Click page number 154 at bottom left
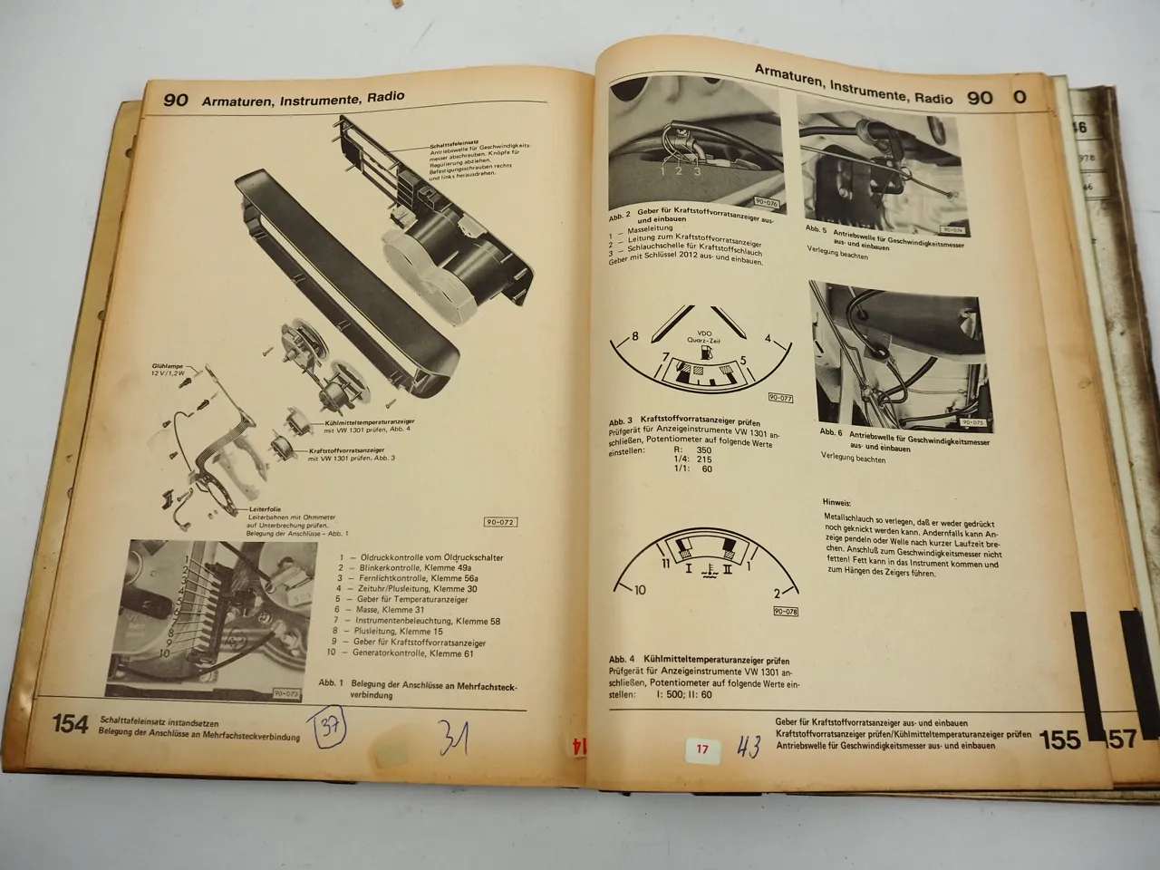[x=70, y=723]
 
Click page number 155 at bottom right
[x=1059, y=739]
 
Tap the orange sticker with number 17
[x=702, y=749]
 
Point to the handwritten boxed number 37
[x=329, y=728]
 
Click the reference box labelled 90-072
[x=500, y=522]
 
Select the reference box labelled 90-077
[x=780, y=398]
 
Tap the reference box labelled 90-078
[x=785, y=612]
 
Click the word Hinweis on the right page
[x=836, y=501]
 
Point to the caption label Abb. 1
[x=331, y=682]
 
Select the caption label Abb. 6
[x=831, y=432]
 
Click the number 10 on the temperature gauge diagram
[x=640, y=590]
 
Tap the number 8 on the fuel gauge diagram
[x=634, y=336]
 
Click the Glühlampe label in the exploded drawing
[x=169, y=367]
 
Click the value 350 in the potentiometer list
[x=704, y=449]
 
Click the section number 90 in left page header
[x=175, y=100]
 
